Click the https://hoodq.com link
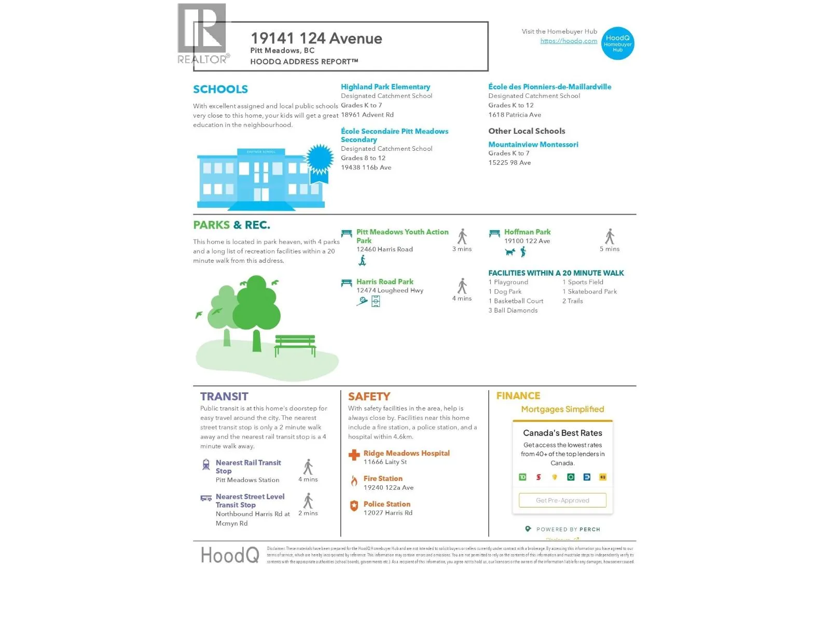(x=569, y=41)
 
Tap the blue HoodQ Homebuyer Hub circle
(x=617, y=44)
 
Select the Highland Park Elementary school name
(x=385, y=87)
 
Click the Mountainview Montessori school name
(x=533, y=145)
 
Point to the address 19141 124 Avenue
(x=316, y=38)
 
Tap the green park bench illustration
(x=295, y=344)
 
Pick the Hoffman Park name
(x=527, y=232)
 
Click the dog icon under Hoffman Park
(x=510, y=252)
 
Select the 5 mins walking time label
(x=610, y=249)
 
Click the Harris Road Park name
(x=384, y=282)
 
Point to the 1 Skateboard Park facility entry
(x=590, y=292)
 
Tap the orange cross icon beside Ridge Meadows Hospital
(x=354, y=455)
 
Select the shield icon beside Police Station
(x=354, y=506)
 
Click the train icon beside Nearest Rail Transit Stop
(x=206, y=464)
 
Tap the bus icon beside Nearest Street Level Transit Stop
(x=206, y=498)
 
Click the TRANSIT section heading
(x=224, y=397)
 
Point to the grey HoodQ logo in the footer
(x=230, y=555)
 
